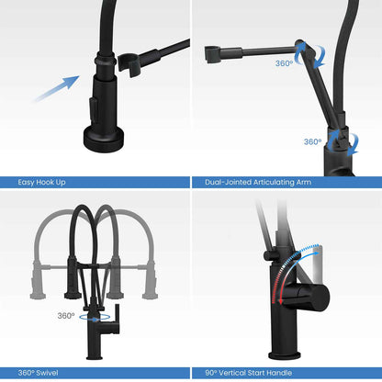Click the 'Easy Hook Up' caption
[x=41, y=183]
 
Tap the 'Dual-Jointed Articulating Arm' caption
[x=258, y=183]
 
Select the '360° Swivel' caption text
[x=38, y=373]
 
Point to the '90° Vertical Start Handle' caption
[x=248, y=373]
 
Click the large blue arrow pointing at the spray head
[x=57, y=89]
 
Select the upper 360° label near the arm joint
[x=284, y=63]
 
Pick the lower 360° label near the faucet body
[x=312, y=141]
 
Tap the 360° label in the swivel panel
[x=66, y=316]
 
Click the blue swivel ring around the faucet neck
[x=95, y=318]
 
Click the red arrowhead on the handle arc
[x=281, y=301]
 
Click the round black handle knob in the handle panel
[x=319, y=298]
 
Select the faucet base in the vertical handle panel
[x=285, y=355]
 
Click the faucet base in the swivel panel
[x=95, y=357]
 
